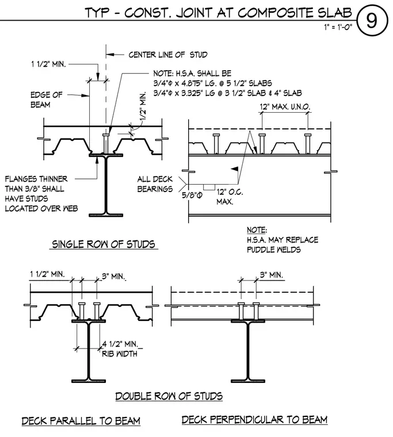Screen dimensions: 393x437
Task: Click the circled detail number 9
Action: [372, 20]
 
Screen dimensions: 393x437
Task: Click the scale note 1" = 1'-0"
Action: [338, 27]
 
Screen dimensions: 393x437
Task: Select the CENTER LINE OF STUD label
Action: [168, 55]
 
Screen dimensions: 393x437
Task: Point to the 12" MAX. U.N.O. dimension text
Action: [285, 107]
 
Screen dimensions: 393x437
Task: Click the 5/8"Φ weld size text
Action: [192, 195]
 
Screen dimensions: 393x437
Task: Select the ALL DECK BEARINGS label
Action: [155, 184]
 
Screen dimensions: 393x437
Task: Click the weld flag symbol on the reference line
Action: [235, 168]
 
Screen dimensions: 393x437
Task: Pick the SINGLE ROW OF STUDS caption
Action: [104, 244]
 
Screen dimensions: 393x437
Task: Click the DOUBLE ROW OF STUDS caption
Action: [169, 396]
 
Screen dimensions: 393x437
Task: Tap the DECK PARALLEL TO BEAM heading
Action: [81, 421]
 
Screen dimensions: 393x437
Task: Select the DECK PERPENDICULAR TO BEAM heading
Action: [254, 419]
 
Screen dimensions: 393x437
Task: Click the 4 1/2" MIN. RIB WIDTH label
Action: [120, 348]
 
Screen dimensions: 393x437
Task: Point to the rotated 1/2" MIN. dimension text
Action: [142, 106]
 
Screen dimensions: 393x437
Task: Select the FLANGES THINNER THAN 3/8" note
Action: [41, 194]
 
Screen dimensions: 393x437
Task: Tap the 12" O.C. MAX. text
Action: [230, 197]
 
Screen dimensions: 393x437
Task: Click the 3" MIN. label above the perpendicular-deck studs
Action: [272, 275]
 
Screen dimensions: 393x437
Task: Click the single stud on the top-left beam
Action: [106, 144]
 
